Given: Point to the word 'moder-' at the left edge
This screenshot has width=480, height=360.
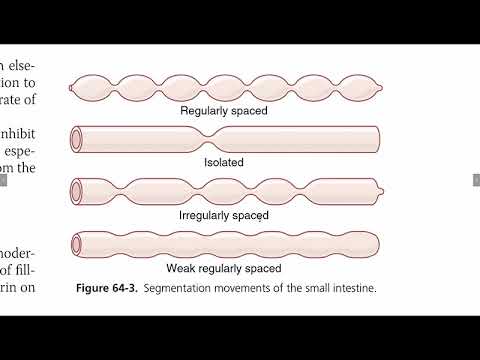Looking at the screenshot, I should tap(19, 251).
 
